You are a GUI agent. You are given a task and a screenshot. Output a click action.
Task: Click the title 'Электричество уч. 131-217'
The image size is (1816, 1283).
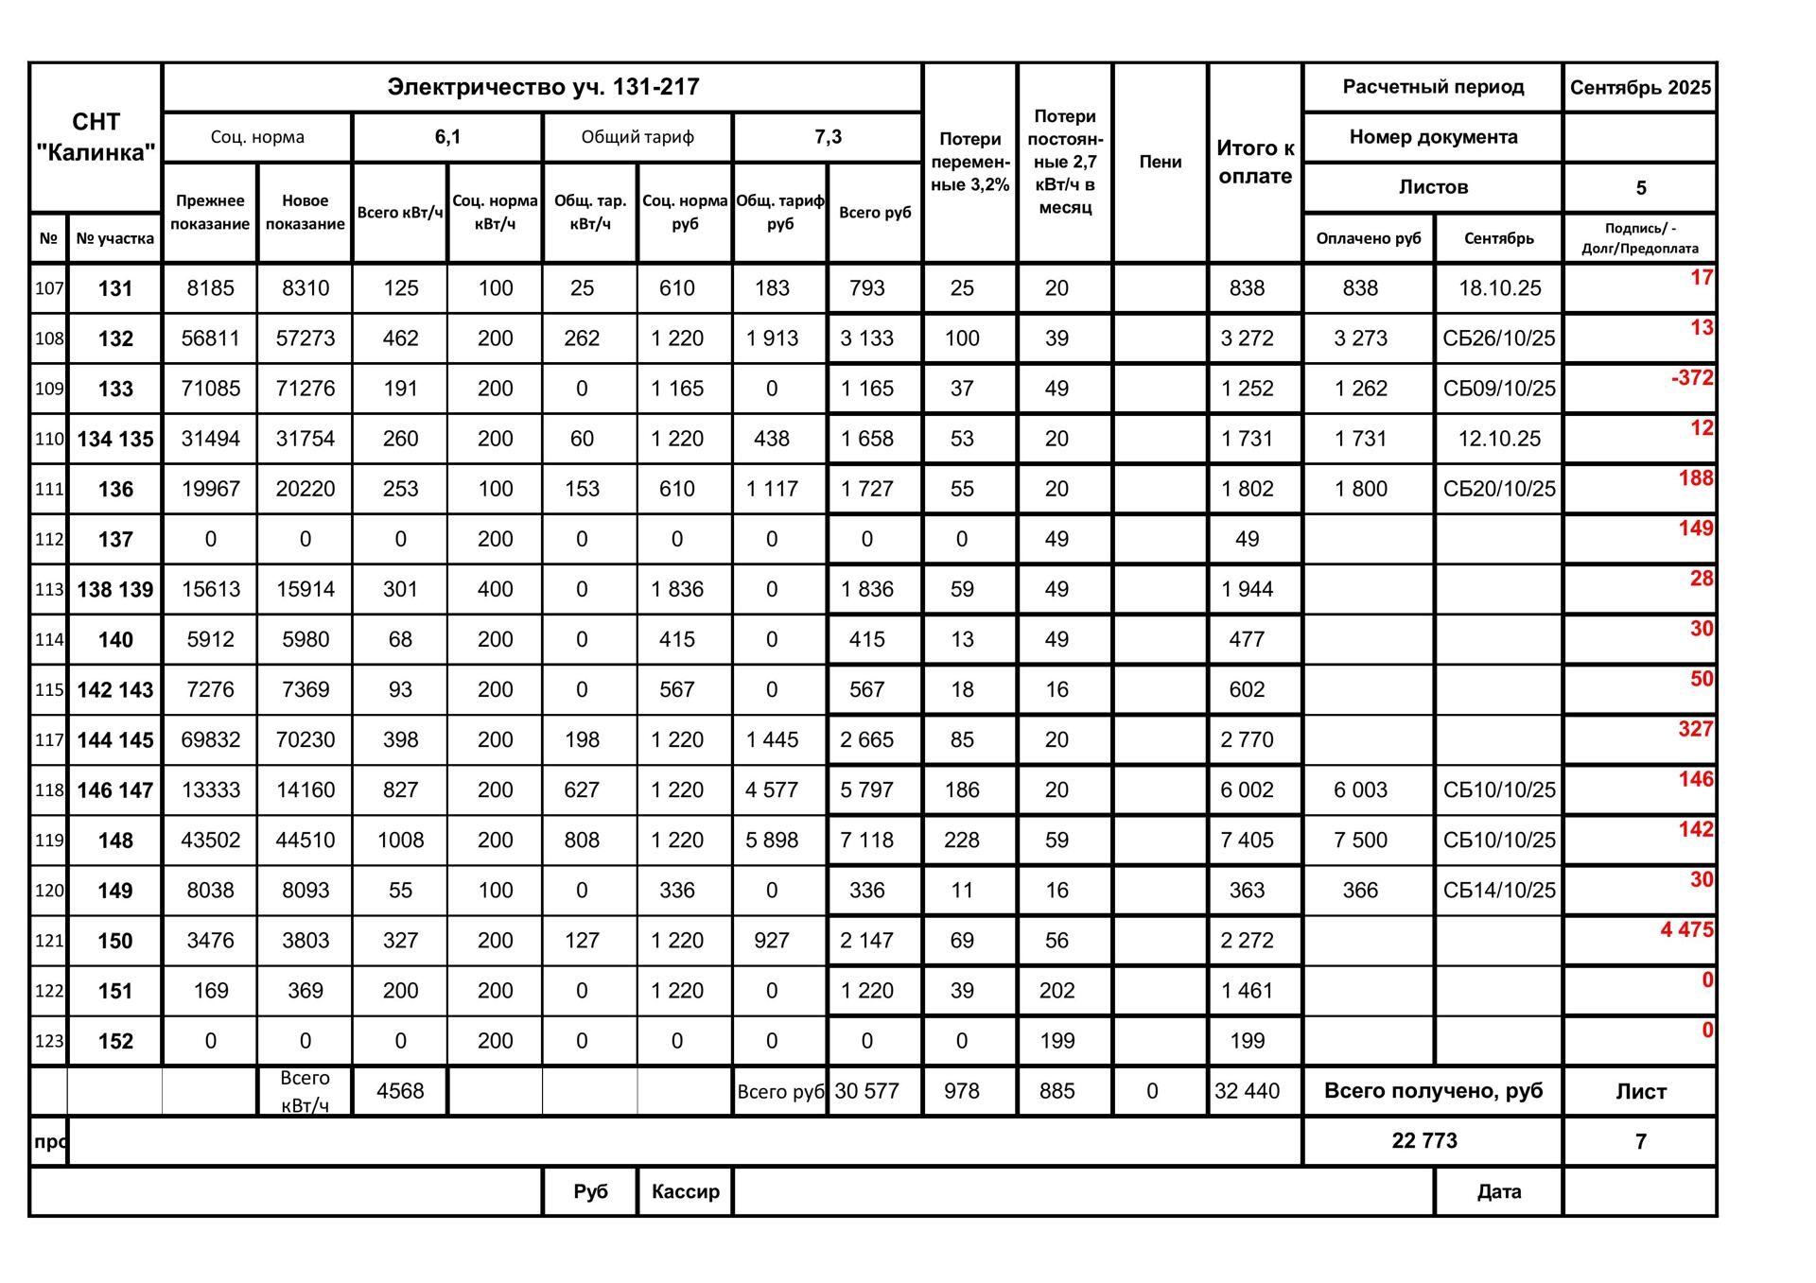(543, 87)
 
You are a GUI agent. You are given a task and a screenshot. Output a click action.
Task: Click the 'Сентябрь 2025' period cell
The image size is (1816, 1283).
(1640, 88)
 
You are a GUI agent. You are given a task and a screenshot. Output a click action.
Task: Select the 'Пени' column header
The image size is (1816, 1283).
(1160, 162)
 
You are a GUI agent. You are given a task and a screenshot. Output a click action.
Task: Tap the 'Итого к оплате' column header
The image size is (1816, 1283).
(1254, 162)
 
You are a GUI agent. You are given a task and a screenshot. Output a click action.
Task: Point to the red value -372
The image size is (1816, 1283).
(1691, 378)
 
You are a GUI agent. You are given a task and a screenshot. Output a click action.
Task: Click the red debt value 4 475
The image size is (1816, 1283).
(1686, 929)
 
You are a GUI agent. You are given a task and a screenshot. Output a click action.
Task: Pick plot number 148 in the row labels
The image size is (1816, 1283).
(115, 841)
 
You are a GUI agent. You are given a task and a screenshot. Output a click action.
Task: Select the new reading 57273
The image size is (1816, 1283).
(305, 338)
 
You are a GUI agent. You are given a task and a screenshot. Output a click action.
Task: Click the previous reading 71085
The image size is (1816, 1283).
(210, 389)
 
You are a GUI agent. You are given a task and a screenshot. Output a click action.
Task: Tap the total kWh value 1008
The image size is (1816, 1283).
(400, 841)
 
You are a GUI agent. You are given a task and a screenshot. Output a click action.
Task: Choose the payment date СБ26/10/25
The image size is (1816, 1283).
(1498, 338)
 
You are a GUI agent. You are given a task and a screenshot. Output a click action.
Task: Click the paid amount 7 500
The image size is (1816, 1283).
(1360, 841)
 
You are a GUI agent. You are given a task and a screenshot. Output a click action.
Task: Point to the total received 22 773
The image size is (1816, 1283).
(1424, 1141)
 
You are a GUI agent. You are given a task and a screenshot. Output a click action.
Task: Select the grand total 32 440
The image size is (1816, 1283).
(1247, 1091)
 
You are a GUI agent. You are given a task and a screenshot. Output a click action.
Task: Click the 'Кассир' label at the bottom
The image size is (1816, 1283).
(685, 1191)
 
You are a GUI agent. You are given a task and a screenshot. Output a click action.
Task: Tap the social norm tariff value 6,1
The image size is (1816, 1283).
(447, 137)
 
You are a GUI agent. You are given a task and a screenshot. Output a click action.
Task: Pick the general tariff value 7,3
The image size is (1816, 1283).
(828, 137)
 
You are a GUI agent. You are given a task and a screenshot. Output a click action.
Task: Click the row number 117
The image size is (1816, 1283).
(49, 740)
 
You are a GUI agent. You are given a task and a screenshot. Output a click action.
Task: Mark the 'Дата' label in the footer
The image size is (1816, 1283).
(1498, 1191)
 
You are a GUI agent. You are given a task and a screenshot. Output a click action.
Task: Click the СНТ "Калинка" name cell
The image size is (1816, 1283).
(96, 137)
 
